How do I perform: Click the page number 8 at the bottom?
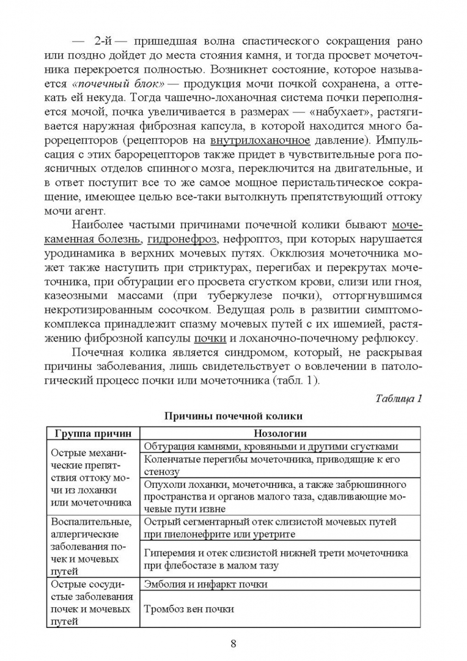pos(233,643)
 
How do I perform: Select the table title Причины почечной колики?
pos(233,416)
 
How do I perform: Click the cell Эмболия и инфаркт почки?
pos(206,584)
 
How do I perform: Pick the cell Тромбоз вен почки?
pos(189,609)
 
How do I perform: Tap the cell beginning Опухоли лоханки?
pos(275,496)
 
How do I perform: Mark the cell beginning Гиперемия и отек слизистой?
pos(276,559)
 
